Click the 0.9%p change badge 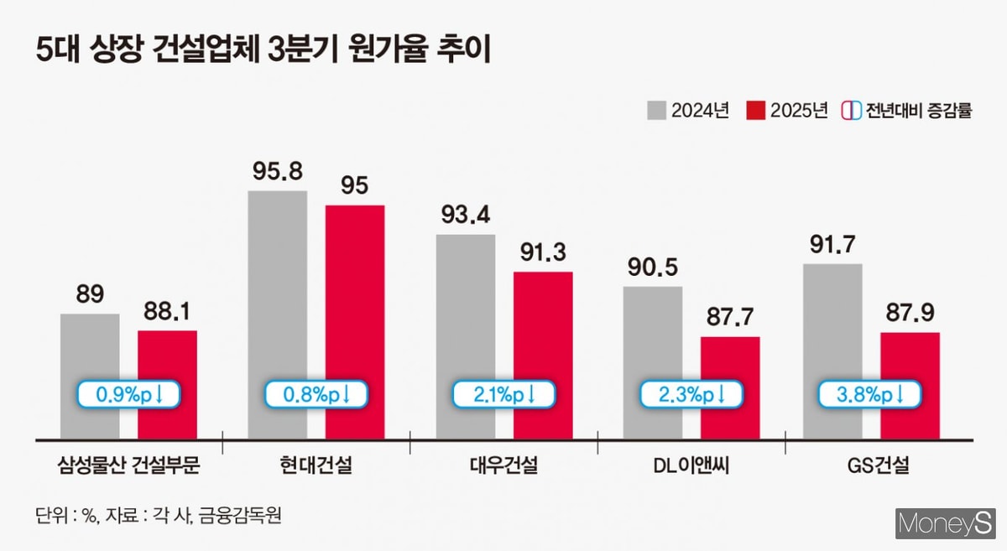pos(129,393)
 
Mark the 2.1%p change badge pos(503,393)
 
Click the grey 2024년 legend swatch pos(656,110)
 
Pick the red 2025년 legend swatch pos(755,110)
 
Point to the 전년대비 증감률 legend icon pos(850,110)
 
